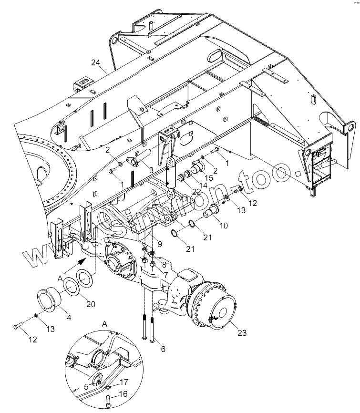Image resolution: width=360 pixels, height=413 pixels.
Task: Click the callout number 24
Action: pos(95,63)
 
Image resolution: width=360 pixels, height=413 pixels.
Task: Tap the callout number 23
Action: pos(242,333)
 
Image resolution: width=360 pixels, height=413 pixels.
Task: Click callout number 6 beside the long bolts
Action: pos(163,349)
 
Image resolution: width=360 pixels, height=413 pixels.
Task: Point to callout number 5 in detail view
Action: pos(86,387)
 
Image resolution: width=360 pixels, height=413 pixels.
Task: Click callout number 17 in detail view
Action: pos(123,382)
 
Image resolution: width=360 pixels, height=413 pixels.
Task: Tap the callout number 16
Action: pos(123,394)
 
